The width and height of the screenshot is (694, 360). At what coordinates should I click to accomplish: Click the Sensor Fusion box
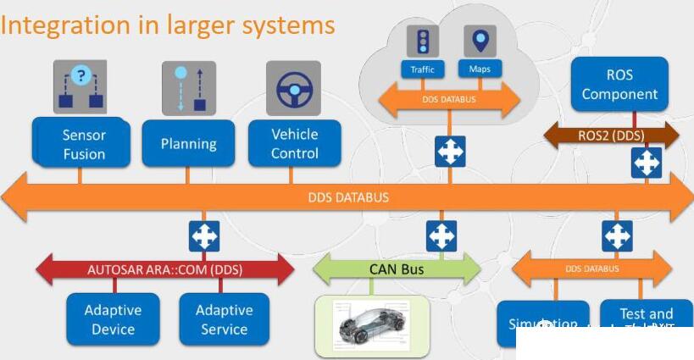point(83,144)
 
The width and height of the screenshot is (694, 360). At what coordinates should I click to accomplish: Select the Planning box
point(188,143)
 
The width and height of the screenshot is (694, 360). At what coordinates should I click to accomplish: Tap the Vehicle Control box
point(294,143)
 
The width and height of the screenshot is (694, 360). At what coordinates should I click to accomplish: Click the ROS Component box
point(619,84)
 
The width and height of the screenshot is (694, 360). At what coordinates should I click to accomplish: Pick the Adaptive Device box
point(113,319)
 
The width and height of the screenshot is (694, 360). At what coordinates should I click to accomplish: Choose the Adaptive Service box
point(224,319)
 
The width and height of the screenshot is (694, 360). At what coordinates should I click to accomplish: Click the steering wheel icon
point(294,88)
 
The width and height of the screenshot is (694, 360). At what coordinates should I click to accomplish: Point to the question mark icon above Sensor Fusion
point(81,76)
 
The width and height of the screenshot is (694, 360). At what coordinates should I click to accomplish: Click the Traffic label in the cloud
point(422,69)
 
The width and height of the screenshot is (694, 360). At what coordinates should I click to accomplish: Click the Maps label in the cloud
point(480,69)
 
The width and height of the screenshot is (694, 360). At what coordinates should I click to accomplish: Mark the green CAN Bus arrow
point(397,270)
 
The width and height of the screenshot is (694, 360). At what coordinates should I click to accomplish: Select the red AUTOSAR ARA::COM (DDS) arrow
point(165,270)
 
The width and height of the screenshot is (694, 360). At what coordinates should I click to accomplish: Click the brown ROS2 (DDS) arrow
point(611,135)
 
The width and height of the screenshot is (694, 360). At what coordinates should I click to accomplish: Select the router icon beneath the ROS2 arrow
point(647,162)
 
